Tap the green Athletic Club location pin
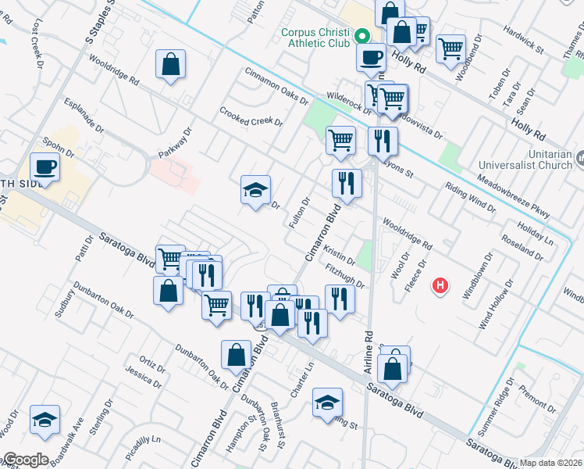[x=362, y=36]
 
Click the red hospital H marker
[x=441, y=286]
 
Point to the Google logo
[x=26, y=460]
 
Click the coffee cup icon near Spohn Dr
[x=45, y=166]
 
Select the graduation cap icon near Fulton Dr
[x=255, y=190]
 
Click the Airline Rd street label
[x=368, y=344]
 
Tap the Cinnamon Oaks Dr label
[x=277, y=84]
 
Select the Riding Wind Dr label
[x=470, y=197]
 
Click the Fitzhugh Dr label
[x=344, y=275]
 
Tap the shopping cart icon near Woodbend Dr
[x=450, y=48]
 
